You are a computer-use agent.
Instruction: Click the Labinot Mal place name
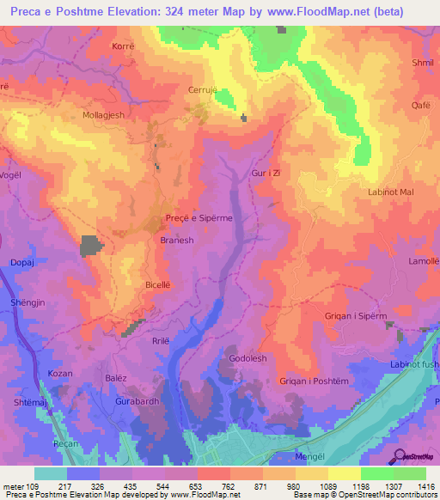[x=390, y=192]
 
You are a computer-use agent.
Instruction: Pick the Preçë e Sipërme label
[x=199, y=218]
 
